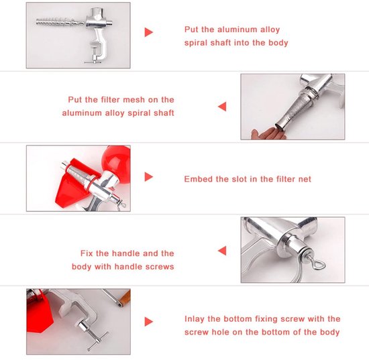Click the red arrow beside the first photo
click(148, 32)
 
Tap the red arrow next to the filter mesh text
click(222, 107)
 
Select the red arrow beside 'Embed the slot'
click(148, 177)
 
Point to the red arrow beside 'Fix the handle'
click(222, 251)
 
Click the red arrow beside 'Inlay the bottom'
click(148, 322)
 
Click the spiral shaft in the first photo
click(60, 23)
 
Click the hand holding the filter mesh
click(268, 133)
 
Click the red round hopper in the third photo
click(115, 160)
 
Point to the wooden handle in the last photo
click(125, 298)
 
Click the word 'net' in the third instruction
click(305, 179)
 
